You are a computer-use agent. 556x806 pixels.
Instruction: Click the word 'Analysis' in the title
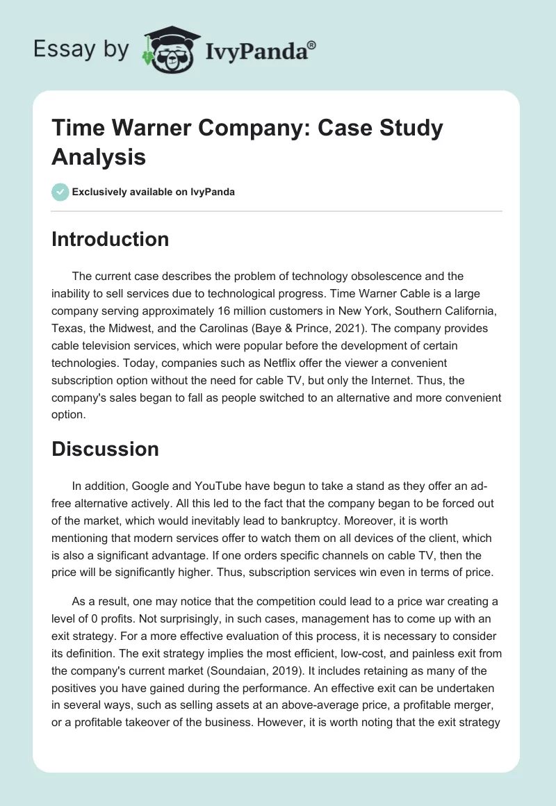coord(99,156)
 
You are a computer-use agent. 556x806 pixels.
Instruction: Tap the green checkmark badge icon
coord(60,192)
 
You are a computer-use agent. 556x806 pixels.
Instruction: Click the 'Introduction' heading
coord(110,239)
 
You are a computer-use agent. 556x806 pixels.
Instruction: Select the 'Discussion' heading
coord(105,449)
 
